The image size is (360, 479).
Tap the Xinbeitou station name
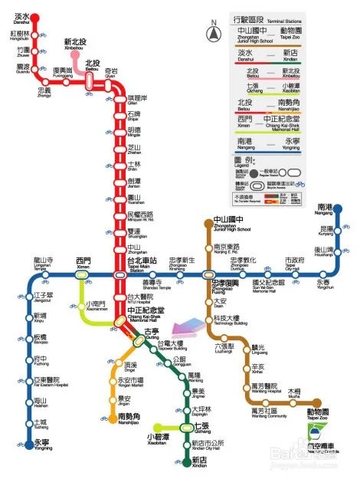[74, 44]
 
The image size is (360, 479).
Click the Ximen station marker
[83, 274]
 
